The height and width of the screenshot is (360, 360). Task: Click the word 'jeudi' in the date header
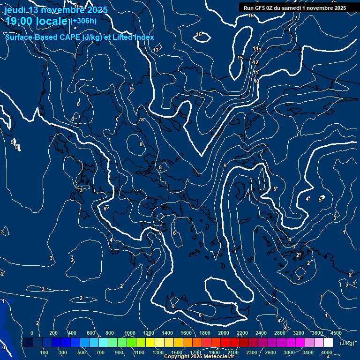click(15, 10)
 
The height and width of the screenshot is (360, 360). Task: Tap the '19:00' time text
click(20, 21)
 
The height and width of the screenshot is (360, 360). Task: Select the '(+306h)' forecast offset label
click(84, 21)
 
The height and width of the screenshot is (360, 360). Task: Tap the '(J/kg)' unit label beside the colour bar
click(346, 344)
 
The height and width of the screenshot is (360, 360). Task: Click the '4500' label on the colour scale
click(336, 333)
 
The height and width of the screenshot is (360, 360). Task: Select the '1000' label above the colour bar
click(129, 333)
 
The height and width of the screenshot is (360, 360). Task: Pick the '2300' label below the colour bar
click(252, 352)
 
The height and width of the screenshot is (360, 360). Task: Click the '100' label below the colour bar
click(45, 352)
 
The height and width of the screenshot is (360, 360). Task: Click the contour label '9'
click(131, 89)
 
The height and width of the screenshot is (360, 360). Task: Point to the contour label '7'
click(117, 119)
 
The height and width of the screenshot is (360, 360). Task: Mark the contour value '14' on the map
click(255, 49)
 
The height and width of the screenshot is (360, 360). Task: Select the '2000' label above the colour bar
click(223, 333)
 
